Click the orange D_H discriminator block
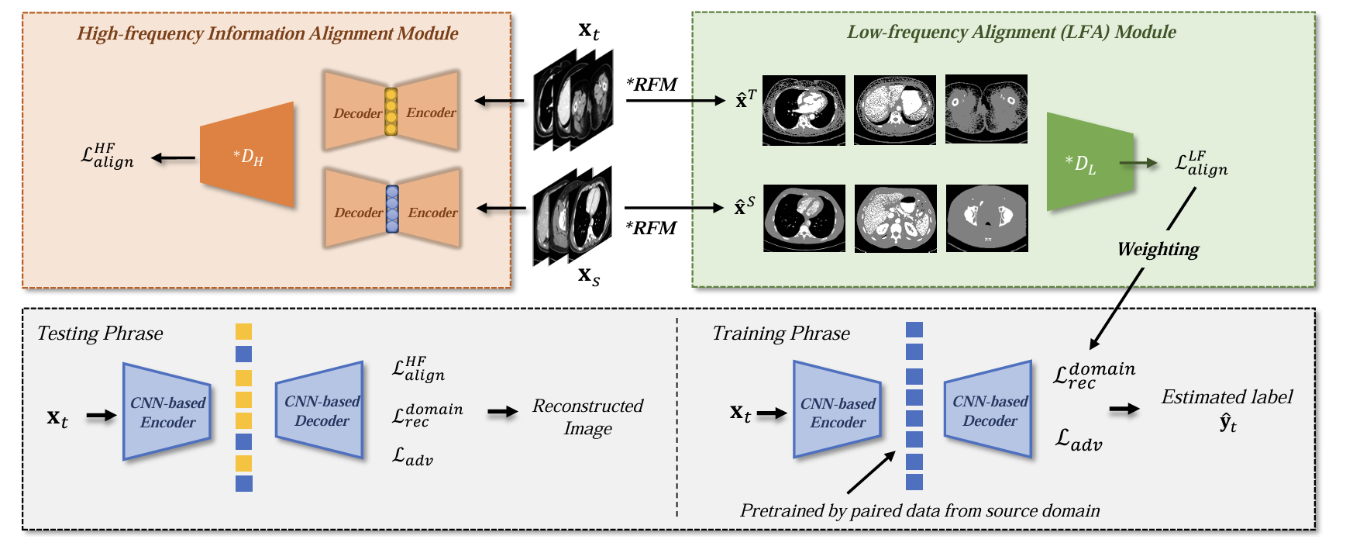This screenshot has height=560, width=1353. pyautogui.click(x=247, y=156)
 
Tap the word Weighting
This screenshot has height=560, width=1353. pyautogui.click(x=1158, y=249)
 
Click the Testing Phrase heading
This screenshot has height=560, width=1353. pyautogui.click(x=100, y=334)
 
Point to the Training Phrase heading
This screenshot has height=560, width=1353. pyautogui.click(x=780, y=334)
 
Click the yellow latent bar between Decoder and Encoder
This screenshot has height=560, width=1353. pyautogui.click(x=391, y=112)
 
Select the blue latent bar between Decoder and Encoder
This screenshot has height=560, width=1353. pyautogui.click(x=392, y=209)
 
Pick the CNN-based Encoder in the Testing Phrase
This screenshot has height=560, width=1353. pyautogui.click(x=167, y=412)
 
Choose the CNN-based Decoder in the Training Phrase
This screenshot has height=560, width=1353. pyautogui.click(x=990, y=410)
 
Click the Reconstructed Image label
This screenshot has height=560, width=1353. pyautogui.click(x=587, y=417)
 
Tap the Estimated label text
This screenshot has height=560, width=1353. pyautogui.click(x=1226, y=397)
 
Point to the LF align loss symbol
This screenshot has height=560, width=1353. pyautogui.click(x=1200, y=164)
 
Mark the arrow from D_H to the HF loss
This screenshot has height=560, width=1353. pyautogui.click(x=174, y=158)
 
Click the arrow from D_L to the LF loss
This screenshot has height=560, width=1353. pyautogui.click(x=1138, y=163)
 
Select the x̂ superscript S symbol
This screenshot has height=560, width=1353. pyautogui.click(x=744, y=206)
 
